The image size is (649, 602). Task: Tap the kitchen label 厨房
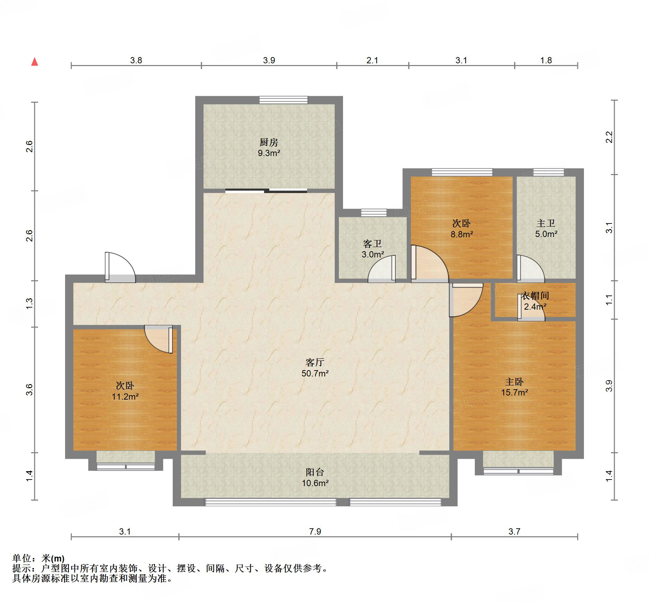[x=269, y=142]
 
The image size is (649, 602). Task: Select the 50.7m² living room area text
[x=315, y=373]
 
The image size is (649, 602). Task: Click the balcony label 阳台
[x=315, y=472]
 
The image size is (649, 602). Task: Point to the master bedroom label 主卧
[x=514, y=382]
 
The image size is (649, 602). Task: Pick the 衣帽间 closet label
[x=535, y=295]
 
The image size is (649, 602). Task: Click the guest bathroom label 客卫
[x=372, y=244]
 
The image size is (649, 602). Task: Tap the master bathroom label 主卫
[x=546, y=223]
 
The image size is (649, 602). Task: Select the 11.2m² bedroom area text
[x=125, y=396]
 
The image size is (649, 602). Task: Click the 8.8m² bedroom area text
[x=462, y=234]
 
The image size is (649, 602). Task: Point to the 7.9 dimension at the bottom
[x=315, y=531]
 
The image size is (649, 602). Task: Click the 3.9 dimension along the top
[x=269, y=60]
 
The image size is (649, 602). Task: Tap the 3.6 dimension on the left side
[x=29, y=390]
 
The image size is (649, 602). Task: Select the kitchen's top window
[x=283, y=100]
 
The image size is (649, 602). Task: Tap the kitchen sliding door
[x=266, y=190]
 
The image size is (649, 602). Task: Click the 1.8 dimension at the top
[x=546, y=60]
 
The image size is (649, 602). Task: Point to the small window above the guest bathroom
[x=374, y=212]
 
